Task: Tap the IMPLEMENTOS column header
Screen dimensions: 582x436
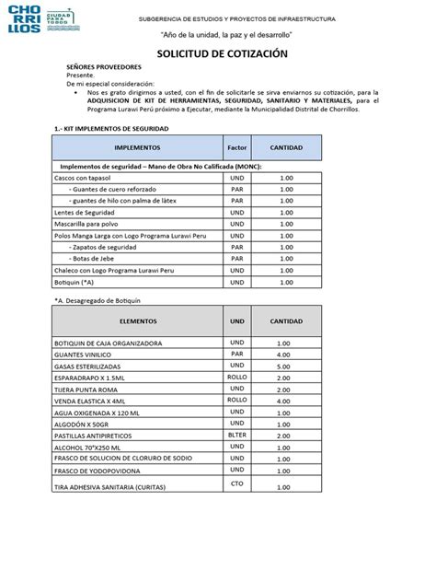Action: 138,147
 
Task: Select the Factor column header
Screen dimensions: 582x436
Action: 237,147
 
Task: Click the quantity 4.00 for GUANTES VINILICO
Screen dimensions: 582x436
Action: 283,354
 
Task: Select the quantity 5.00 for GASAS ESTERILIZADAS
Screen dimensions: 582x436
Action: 283,366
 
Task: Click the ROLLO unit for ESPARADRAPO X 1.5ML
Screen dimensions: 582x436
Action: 237,378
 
